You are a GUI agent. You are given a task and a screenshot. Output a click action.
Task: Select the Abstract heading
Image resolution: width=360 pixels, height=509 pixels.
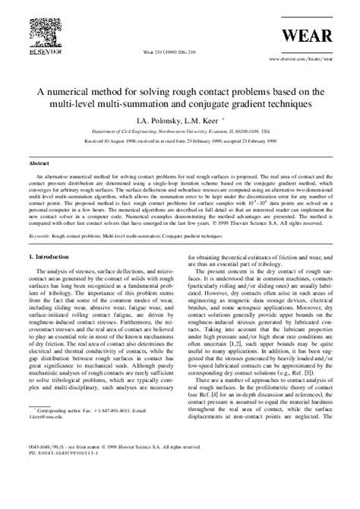(x=39, y=163)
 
